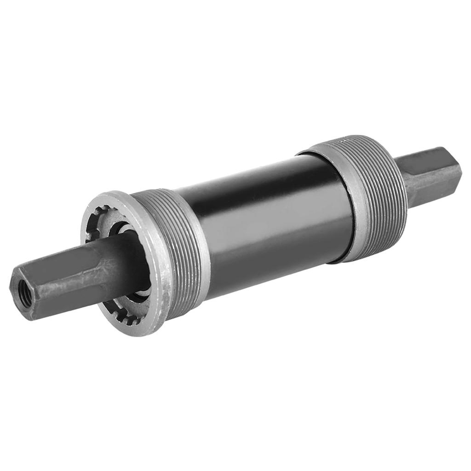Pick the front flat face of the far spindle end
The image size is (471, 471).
click(428, 184)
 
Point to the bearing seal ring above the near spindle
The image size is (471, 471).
click(121, 228)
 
